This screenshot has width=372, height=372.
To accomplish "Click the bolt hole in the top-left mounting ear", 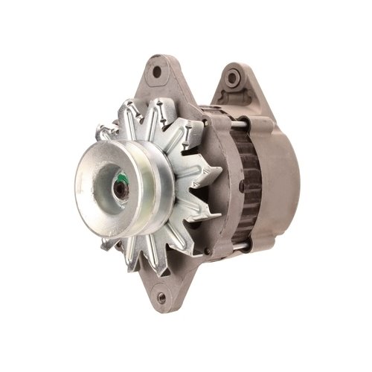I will (x=156, y=72).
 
